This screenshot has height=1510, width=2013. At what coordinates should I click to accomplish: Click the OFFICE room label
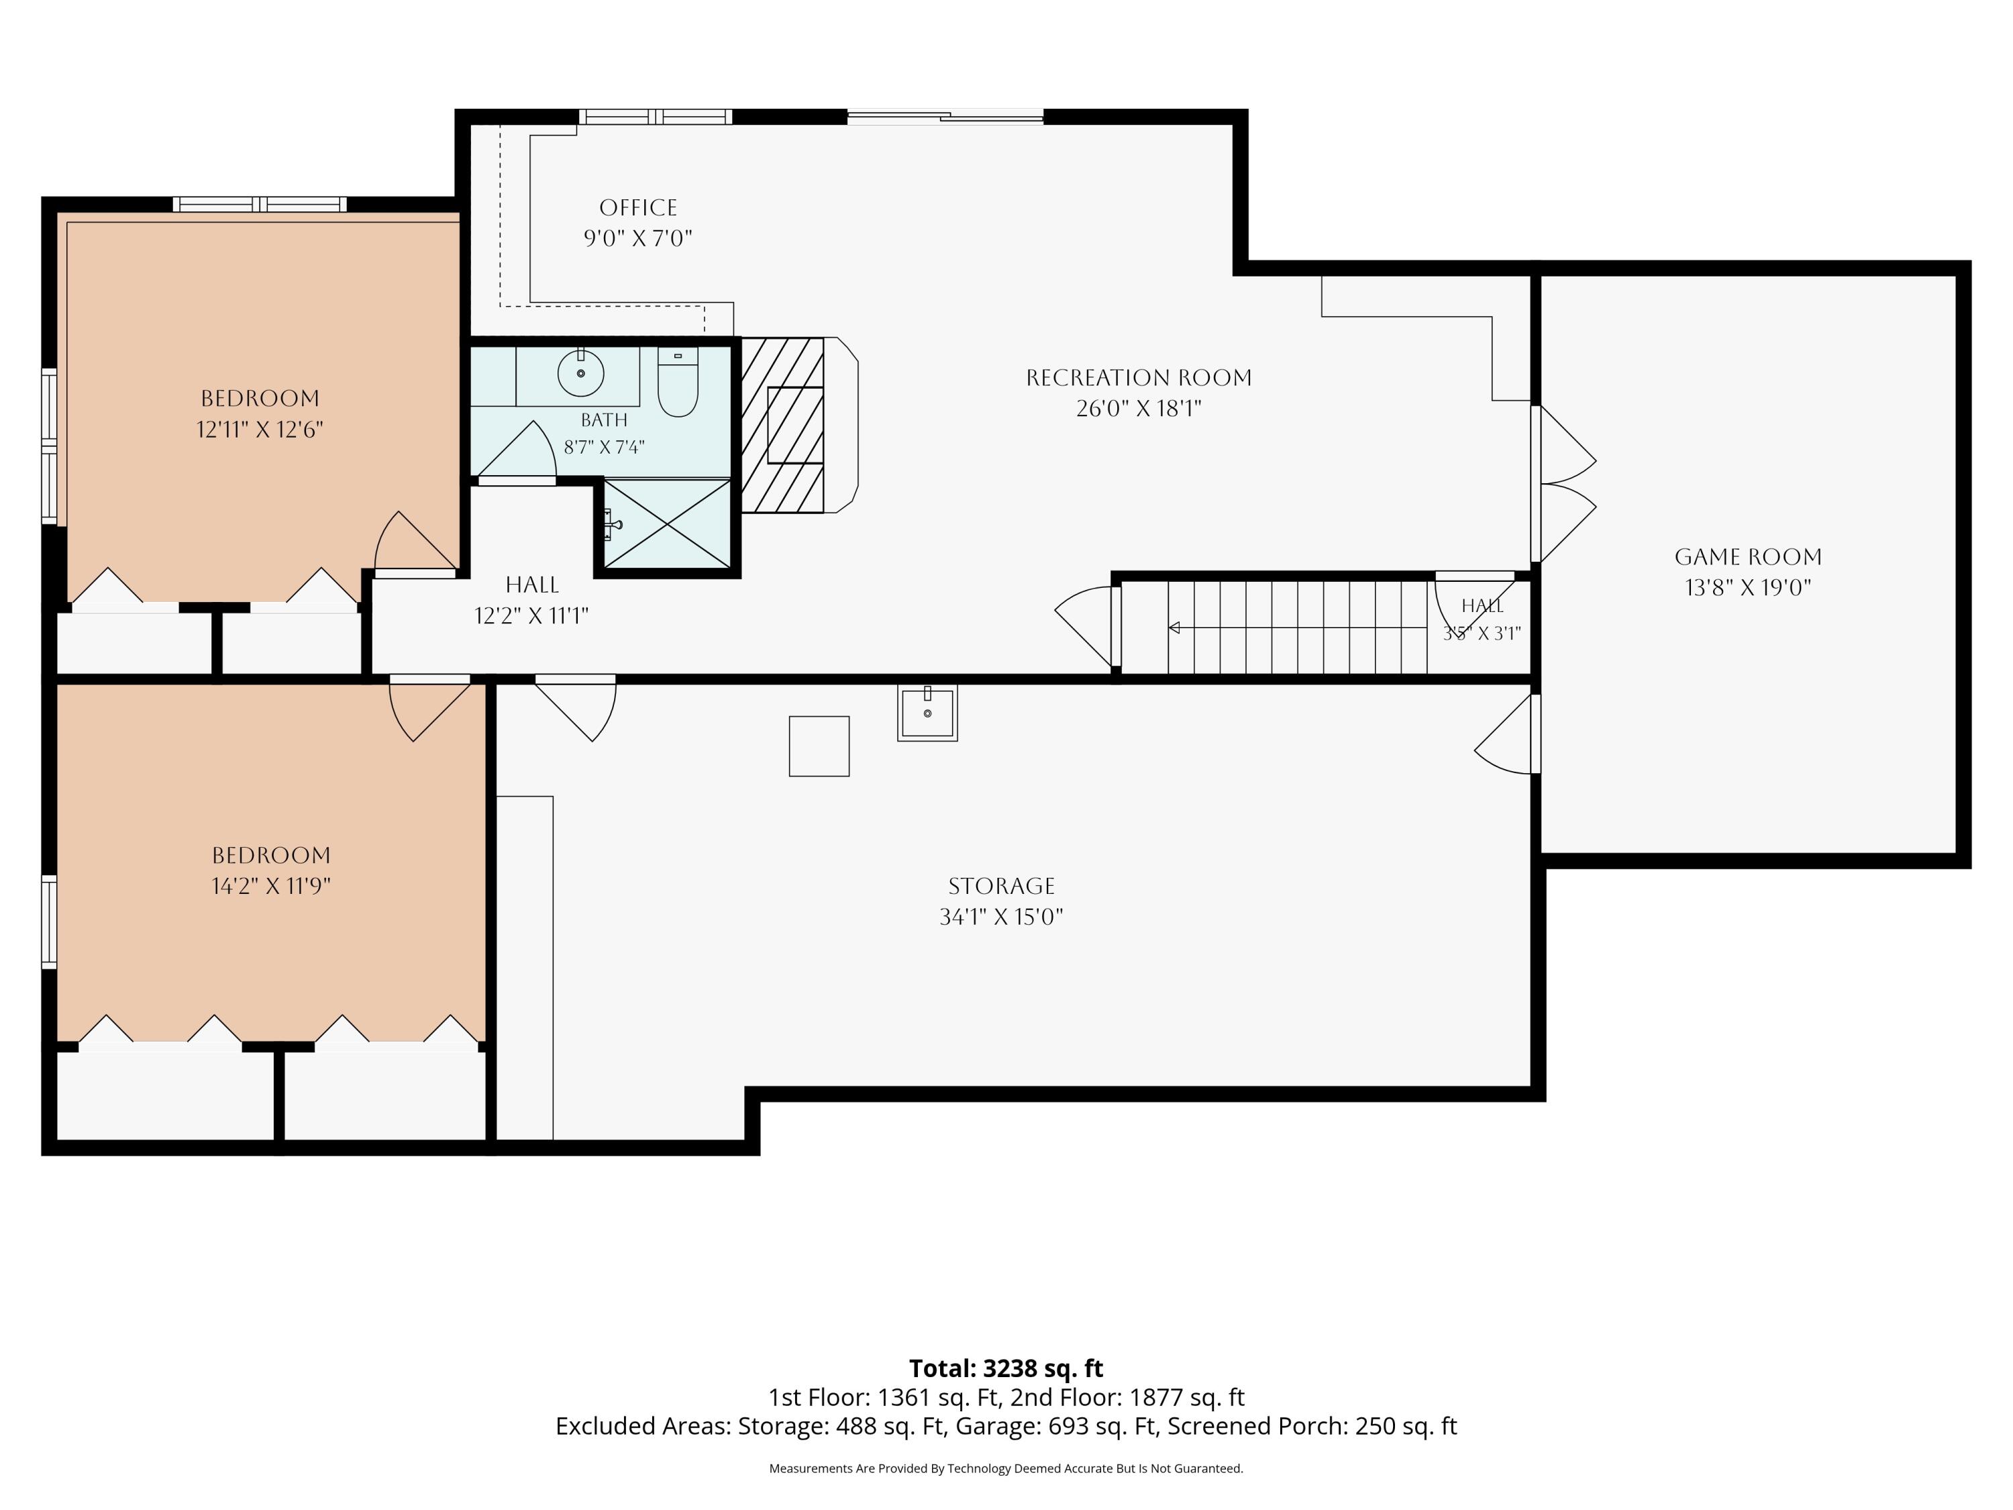638,207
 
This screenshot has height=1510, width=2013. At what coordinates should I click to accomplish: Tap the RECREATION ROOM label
1139,378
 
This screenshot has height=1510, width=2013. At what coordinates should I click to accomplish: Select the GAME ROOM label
1748,557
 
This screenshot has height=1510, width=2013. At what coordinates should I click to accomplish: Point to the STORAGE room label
1001,886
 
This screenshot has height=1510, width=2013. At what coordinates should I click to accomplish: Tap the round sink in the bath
580,373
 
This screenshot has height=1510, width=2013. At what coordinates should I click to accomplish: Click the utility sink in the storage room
927,713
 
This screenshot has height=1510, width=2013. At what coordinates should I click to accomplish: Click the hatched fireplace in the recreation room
782,425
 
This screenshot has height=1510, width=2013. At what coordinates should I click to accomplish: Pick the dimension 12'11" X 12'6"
260,430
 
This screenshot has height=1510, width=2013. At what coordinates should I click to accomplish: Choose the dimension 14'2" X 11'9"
271,886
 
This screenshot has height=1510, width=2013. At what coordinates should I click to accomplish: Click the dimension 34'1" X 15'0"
1001,917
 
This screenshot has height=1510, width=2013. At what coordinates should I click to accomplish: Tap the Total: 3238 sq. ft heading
1006,1368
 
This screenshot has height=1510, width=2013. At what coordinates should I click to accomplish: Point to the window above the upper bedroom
260,204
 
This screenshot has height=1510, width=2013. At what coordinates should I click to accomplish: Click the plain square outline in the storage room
819,746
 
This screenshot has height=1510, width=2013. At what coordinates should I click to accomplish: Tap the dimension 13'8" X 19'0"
1748,588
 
